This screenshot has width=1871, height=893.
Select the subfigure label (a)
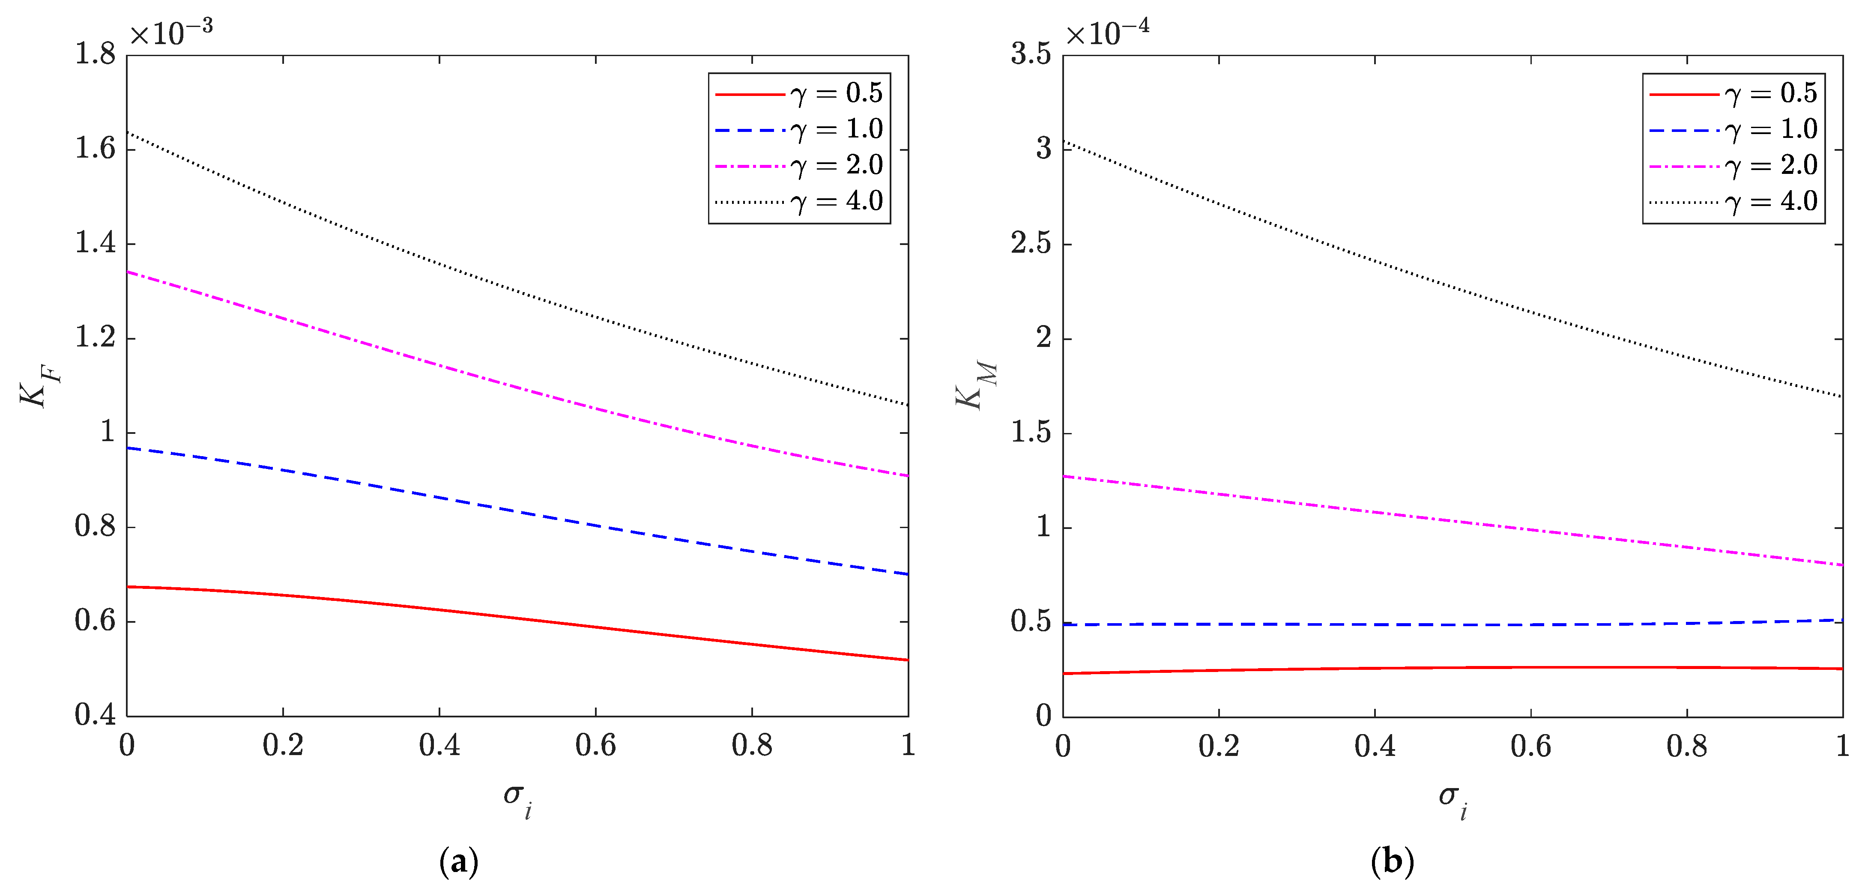459,862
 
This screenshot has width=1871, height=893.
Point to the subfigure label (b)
1393,862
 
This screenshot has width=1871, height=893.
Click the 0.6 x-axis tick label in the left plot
595,746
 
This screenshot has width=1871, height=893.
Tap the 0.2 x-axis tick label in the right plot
1219,746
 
